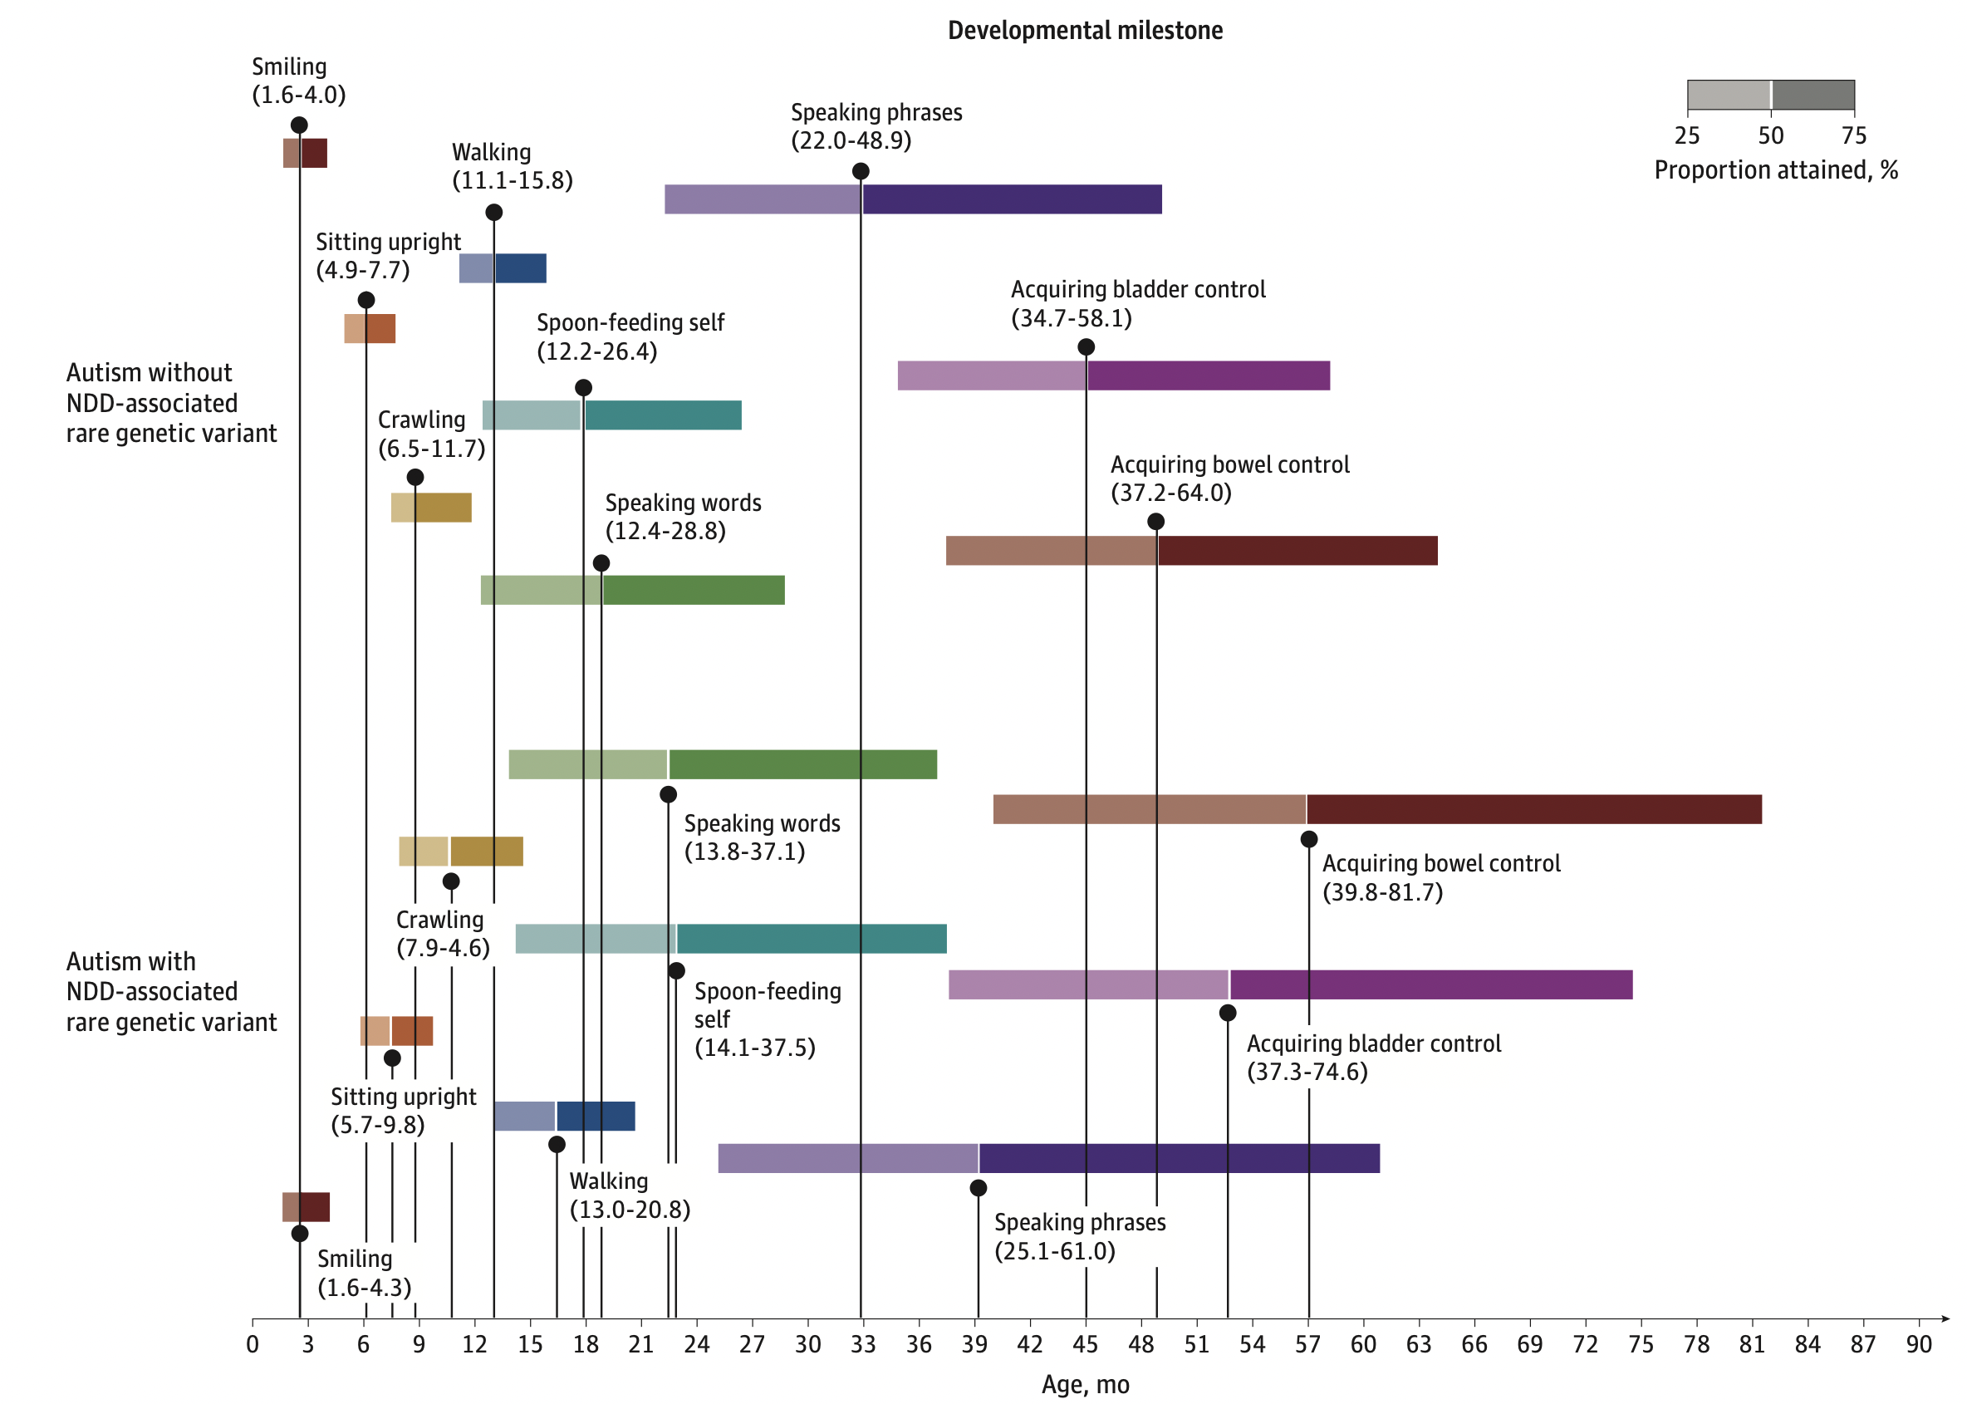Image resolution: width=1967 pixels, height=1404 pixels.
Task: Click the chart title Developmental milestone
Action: click(1085, 30)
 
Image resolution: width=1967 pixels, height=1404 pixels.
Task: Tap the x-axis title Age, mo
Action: click(1085, 1384)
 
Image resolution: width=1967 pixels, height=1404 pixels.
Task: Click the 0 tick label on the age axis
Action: click(253, 1344)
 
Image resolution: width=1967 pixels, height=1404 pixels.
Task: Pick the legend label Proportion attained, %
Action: click(1775, 170)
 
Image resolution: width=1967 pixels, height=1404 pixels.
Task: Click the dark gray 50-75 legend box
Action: click(1813, 95)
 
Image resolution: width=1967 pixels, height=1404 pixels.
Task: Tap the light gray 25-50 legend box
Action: click(1729, 95)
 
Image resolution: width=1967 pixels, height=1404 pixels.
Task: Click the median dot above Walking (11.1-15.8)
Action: click(493, 213)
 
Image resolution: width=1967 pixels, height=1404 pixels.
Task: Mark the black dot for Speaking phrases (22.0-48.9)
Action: click(860, 171)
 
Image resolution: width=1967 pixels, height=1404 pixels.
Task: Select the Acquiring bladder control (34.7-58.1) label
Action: click(1138, 303)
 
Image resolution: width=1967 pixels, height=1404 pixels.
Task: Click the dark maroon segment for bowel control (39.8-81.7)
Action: click(1534, 809)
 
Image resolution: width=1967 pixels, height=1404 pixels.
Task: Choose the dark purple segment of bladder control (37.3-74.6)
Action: click(1431, 984)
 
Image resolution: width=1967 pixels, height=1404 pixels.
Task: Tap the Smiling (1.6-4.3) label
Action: click(364, 1273)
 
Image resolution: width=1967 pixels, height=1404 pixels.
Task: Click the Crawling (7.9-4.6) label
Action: click(443, 934)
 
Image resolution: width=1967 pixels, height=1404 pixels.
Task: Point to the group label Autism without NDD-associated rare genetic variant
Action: click(171, 403)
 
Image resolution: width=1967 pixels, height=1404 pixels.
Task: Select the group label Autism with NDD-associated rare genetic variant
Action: click(171, 992)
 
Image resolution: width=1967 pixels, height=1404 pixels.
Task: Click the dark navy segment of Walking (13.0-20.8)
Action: click(596, 1116)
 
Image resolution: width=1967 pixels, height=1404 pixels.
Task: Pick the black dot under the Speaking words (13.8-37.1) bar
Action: click(668, 794)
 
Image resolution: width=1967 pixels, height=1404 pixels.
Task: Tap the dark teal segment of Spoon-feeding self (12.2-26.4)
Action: click(663, 415)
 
